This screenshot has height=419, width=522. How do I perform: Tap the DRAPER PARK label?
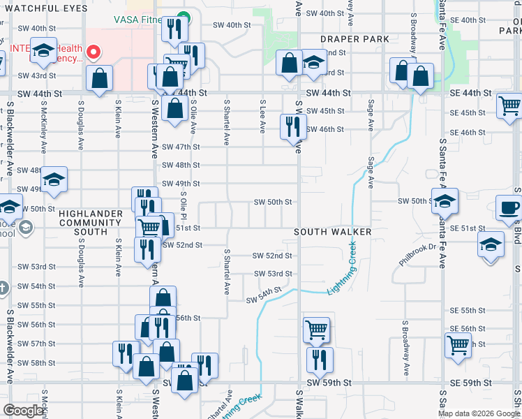(x=355, y=39)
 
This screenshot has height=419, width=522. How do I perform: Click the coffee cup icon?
(x=509, y=207)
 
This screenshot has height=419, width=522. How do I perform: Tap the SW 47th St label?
(x=181, y=147)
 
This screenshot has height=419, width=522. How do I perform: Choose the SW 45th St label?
(x=325, y=111)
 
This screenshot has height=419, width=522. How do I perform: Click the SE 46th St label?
(x=468, y=132)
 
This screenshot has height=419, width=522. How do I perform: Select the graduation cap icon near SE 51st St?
(x=491, y=245)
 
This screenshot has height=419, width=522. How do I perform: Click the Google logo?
(x=23, y=411)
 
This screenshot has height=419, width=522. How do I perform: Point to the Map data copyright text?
(x=477, y=413)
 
